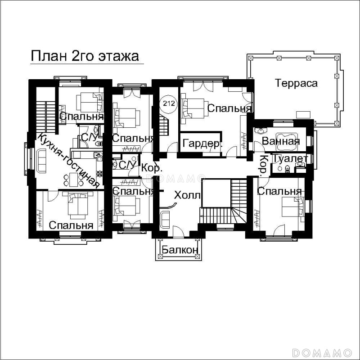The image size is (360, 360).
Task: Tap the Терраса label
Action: point(296,83)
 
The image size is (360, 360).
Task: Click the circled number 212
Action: point(169,103)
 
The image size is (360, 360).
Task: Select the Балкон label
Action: point(180,250)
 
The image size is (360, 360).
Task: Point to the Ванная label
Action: point(280,141)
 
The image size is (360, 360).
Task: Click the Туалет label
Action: point(290,158)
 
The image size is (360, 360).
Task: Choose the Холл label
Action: point(187,195)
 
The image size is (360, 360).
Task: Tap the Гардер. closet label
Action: point(202,144)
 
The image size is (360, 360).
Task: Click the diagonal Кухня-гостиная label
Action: point(68,161)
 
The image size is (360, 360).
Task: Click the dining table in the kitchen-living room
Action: point(73,180)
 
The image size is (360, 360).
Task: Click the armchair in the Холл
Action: point(165,219)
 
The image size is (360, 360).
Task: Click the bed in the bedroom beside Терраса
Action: point(193,108)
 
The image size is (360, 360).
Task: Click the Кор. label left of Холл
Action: point(152,168)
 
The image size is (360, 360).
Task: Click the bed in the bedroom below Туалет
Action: point(293,207)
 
